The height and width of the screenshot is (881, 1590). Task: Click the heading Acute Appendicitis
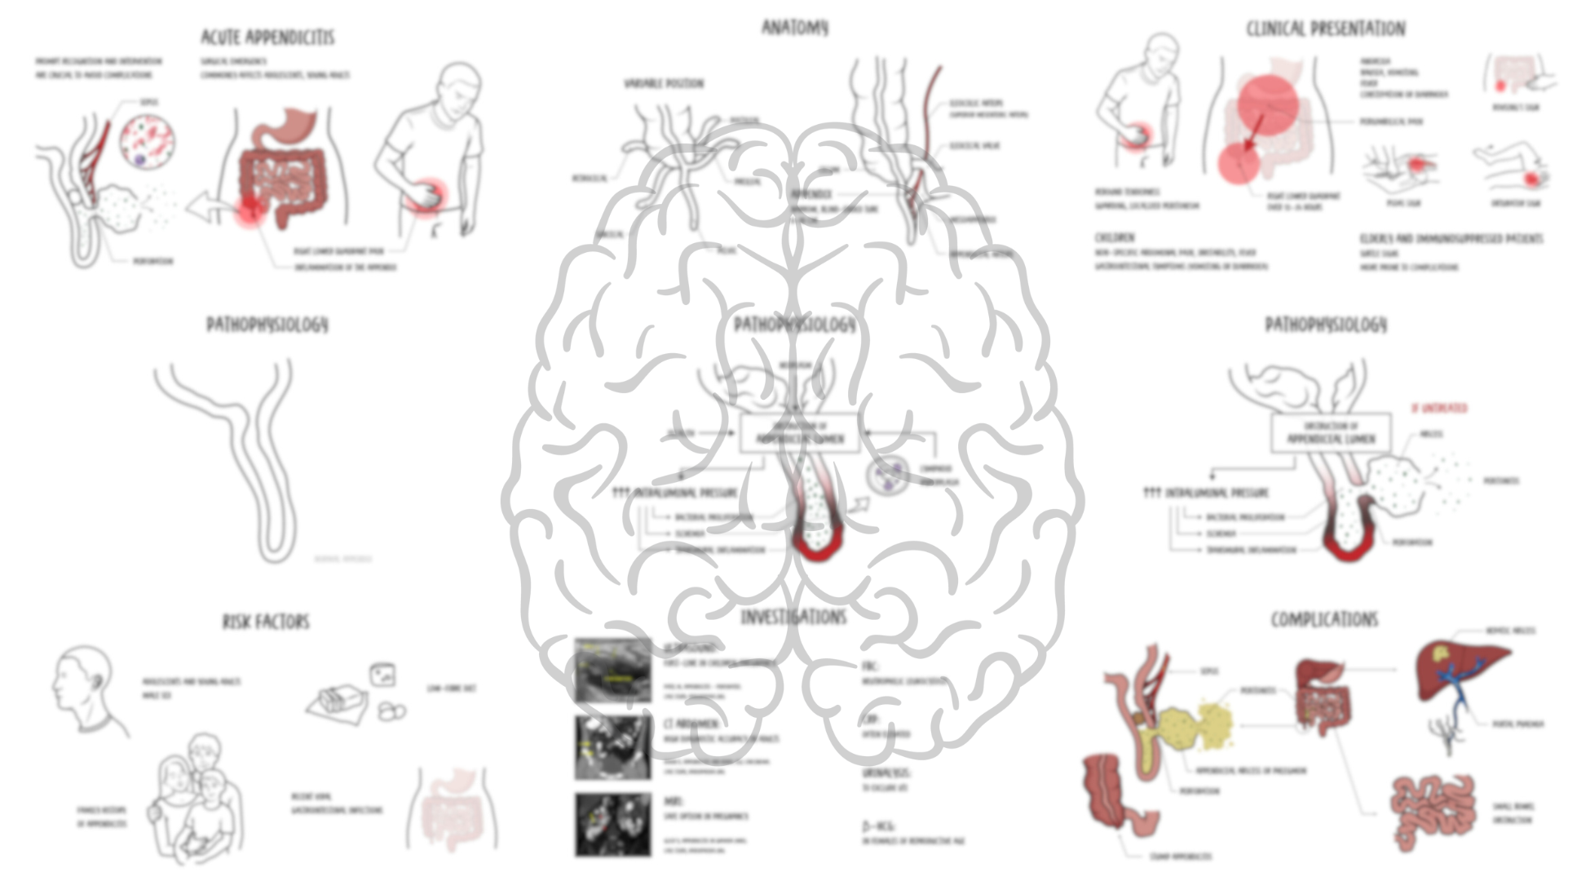click(x=267, y=38)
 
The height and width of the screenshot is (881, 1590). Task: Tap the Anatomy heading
click(x=794, y=28)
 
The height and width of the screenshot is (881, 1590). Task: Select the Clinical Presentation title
click(x=1325, y=29)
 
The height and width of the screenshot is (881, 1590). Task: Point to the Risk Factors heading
click(x=266, y=622)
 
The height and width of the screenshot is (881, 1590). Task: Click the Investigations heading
click(x=793, y=618)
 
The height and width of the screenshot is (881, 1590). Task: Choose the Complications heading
click(x=1324, y=620)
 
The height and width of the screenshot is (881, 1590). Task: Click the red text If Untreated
click(x=1439, y=408)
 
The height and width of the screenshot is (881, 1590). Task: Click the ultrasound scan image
click(x=613, y=671)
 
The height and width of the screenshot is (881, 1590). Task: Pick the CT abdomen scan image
click(x=613, y=747)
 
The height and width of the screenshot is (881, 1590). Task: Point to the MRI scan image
click(x=613, y=824)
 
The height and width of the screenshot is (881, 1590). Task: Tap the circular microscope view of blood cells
click(x=148, y=141)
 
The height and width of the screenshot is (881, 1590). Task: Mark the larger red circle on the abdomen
click(x=1267, y=104)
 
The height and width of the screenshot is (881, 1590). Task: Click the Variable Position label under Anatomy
click(x=664, y=83)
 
